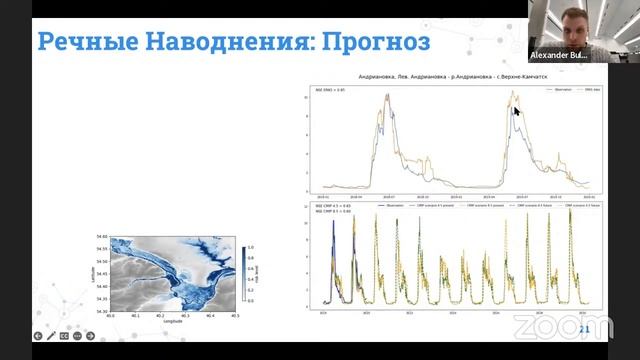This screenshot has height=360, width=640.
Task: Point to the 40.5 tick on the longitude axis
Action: pos(235,316)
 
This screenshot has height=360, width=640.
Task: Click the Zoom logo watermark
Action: pos(549,326)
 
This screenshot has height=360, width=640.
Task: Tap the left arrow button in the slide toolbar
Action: pos(38,336)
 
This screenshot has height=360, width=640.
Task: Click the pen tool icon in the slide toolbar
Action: pos(51,336)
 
